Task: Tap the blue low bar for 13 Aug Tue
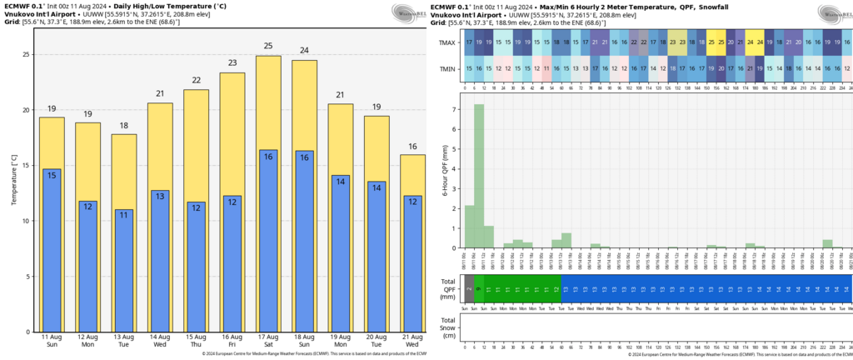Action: (123, 271)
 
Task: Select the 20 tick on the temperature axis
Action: (27, 110)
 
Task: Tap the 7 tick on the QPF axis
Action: (452, 109)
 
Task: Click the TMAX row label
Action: (447, 43)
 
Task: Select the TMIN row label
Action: (447, 69)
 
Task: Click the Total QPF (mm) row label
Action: (448, 289)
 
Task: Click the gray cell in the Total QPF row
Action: (469, 289)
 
